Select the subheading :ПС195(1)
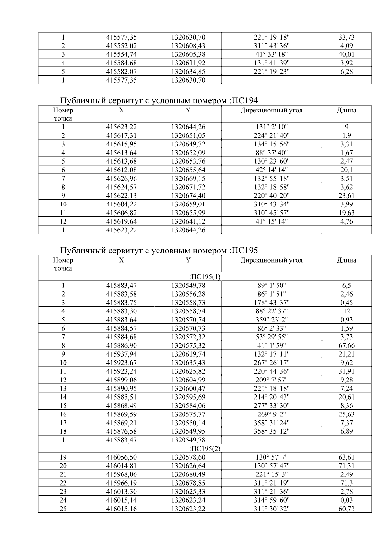pos(205,277)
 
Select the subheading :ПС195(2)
pos(205,449)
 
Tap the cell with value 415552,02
pos(122,46)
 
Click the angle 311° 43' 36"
pos(271,46)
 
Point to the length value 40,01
pos(347,54)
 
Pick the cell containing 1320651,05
pos(188,135)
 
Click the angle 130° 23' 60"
pos(271,161)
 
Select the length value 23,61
pos(347,196)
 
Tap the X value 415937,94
pos(122,354)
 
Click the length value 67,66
pos(347,346)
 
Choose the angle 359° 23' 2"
pos(271,320)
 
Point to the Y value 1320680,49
pos(188,474)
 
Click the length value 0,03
pos(347,500)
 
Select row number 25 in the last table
pos(63,509)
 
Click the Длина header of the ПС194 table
pos(347,111)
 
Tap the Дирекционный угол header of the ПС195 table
pos(271,260)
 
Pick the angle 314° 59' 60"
pos(271,500)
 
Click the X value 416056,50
pos(122,457)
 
